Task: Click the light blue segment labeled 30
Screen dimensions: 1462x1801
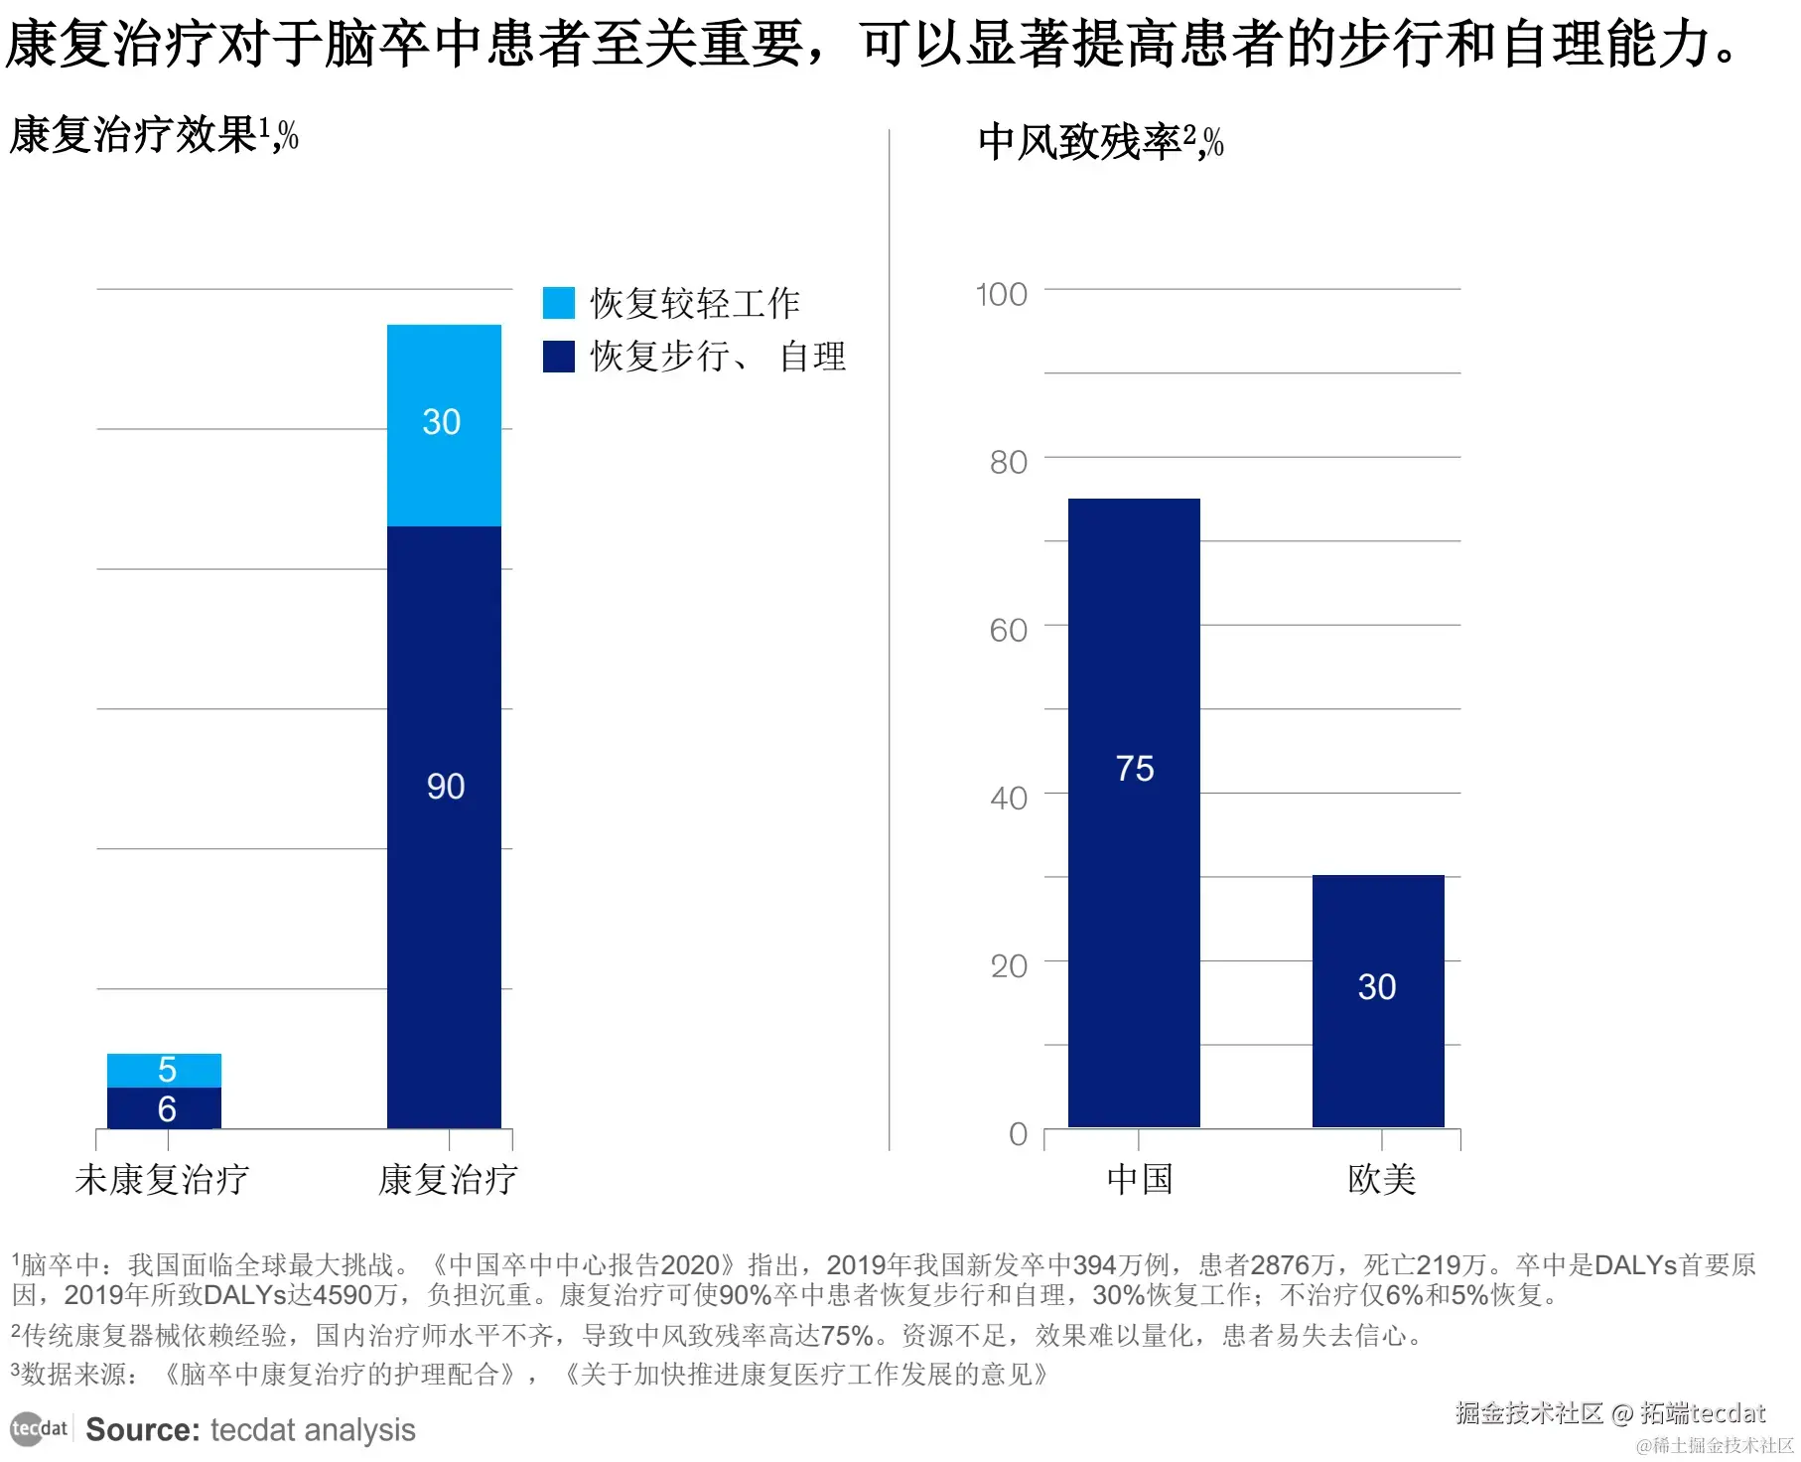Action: point(444,425)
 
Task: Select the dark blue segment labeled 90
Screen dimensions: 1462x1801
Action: point(444,826)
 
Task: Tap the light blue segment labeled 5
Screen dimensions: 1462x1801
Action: point(164,1070)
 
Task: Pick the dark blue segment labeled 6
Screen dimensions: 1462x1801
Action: point(164,1108)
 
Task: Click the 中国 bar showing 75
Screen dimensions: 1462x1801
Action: point(1134,812)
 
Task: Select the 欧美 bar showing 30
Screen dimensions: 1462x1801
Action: point(1378,1000)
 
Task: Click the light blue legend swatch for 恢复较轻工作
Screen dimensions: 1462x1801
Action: point(559,303)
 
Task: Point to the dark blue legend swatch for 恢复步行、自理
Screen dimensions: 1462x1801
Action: point(559,357)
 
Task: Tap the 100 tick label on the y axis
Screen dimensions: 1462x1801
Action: point(1001,295)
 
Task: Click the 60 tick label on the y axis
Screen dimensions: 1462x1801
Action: point(1008,631)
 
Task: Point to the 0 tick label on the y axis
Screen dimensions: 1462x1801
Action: point(1018,1134)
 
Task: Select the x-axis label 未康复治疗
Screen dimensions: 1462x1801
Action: point(162,1180)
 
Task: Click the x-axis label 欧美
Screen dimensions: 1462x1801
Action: point(1381,1180)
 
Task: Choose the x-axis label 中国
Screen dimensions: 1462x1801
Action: point(1140,1180)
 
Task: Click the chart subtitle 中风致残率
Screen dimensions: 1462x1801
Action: point(1079,142)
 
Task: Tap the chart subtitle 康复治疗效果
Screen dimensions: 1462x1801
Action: point(134,135)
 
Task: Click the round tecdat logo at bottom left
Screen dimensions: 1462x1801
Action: point(27,1429)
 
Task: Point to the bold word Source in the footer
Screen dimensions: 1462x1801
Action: point(143,1430)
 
